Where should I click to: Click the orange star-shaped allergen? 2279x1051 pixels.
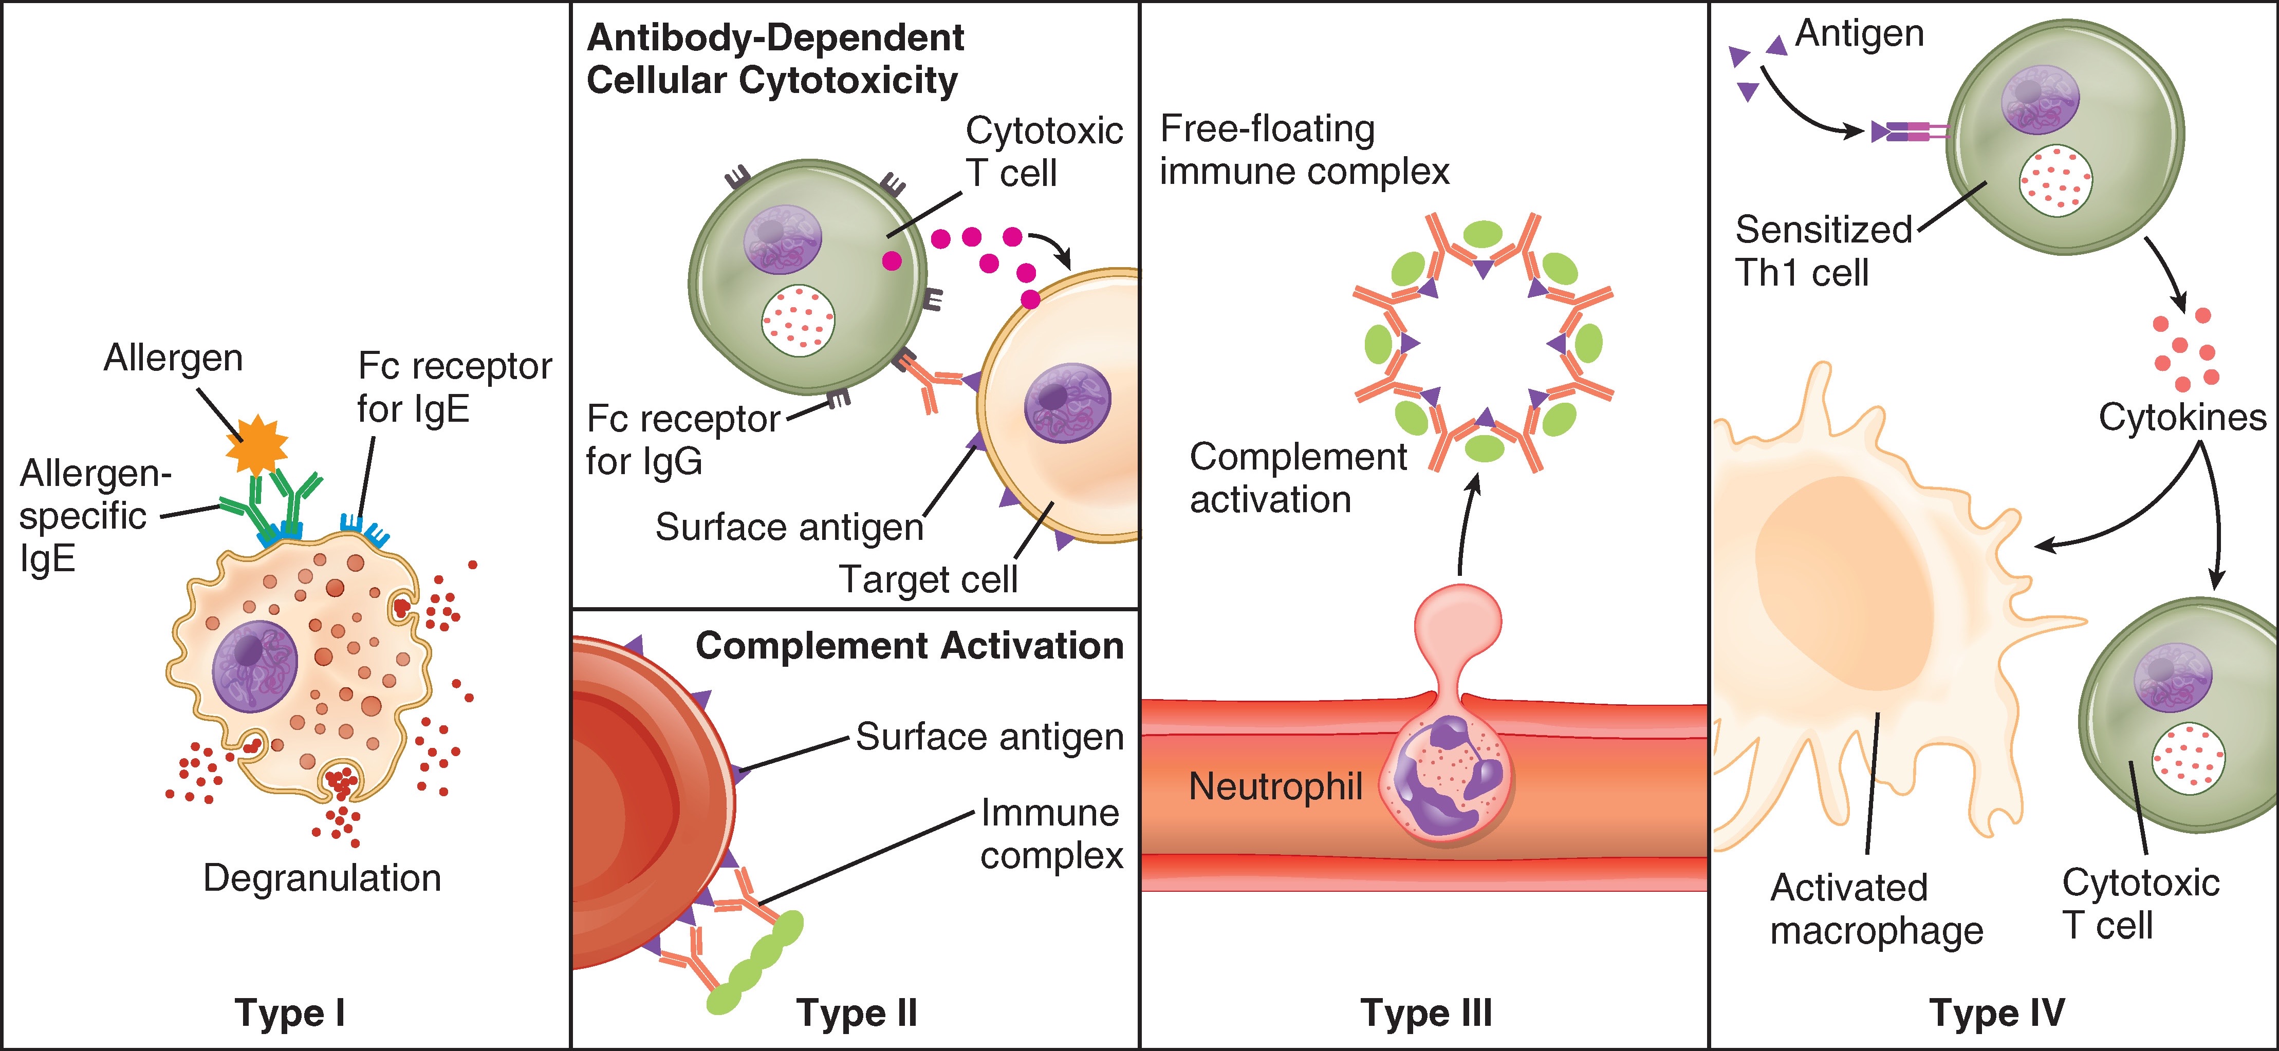pos(256,445)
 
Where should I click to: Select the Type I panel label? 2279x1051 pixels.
pos(289,1012)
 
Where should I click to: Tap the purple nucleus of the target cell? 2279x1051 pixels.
pos(1066,403)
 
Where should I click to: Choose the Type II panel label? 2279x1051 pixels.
pos(857,1012)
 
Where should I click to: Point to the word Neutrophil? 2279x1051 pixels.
pos(1275,785)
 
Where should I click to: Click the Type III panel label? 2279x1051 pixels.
pos(1426,1012)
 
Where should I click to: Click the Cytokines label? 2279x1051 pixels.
pos(2182,417)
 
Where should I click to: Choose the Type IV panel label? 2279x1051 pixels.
pos(1997,1012)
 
